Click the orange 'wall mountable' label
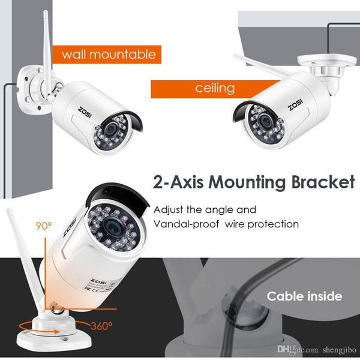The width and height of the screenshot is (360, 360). (107, 55)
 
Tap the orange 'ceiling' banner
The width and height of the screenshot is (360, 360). (215, 89)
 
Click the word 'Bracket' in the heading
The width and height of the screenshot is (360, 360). (323, 182)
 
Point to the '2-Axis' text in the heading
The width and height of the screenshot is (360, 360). (178, 182)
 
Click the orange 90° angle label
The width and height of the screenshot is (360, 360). (44, 226)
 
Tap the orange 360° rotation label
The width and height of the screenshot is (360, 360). (101, 326)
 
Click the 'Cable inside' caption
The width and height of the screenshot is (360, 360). (304, 296)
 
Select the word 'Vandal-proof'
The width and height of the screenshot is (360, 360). (186, 224)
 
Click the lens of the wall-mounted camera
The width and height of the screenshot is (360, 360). (111, 129)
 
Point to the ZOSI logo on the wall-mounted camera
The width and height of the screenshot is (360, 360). (85, 112)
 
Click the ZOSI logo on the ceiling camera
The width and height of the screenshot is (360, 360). (295, 104)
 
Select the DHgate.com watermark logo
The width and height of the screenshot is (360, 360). (298, 349)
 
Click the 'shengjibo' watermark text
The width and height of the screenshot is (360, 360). (339, 350)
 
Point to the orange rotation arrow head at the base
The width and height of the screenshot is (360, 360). (56, 332)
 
